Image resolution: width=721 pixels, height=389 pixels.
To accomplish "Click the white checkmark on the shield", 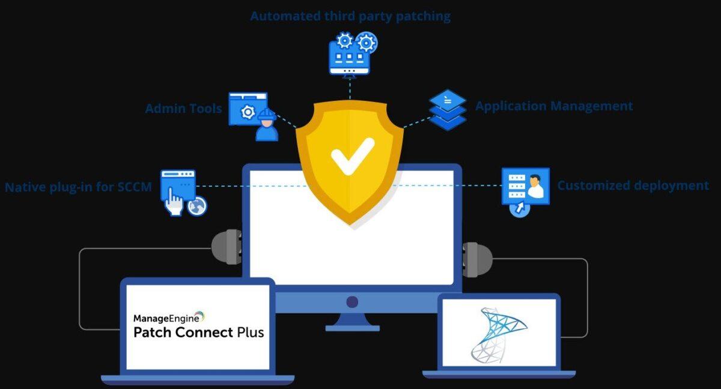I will coord(352,155).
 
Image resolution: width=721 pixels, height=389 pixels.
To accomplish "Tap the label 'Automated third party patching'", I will coord(350,16).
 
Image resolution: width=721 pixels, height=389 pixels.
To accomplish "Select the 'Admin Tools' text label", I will coord(183,109).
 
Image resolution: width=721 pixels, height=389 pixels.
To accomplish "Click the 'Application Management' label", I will coord(554,106).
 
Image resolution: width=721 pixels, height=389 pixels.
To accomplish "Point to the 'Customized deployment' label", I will coord(633,185).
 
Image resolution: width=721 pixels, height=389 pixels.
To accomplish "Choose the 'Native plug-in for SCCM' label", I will coord(78,187).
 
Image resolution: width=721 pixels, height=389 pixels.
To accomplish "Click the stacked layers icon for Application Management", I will coord(448,110).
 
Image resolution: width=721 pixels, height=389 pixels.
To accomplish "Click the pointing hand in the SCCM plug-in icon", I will coord(175,203).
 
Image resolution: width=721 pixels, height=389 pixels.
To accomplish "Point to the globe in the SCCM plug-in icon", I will coord(197,207).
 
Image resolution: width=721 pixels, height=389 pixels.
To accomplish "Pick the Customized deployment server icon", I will coord(525,187).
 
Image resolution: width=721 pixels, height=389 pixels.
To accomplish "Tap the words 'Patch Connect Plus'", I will coord(198,332).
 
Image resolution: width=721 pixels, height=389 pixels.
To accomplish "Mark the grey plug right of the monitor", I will coord(477,259).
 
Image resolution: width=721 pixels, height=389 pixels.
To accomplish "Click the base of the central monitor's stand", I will coord(352,328).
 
